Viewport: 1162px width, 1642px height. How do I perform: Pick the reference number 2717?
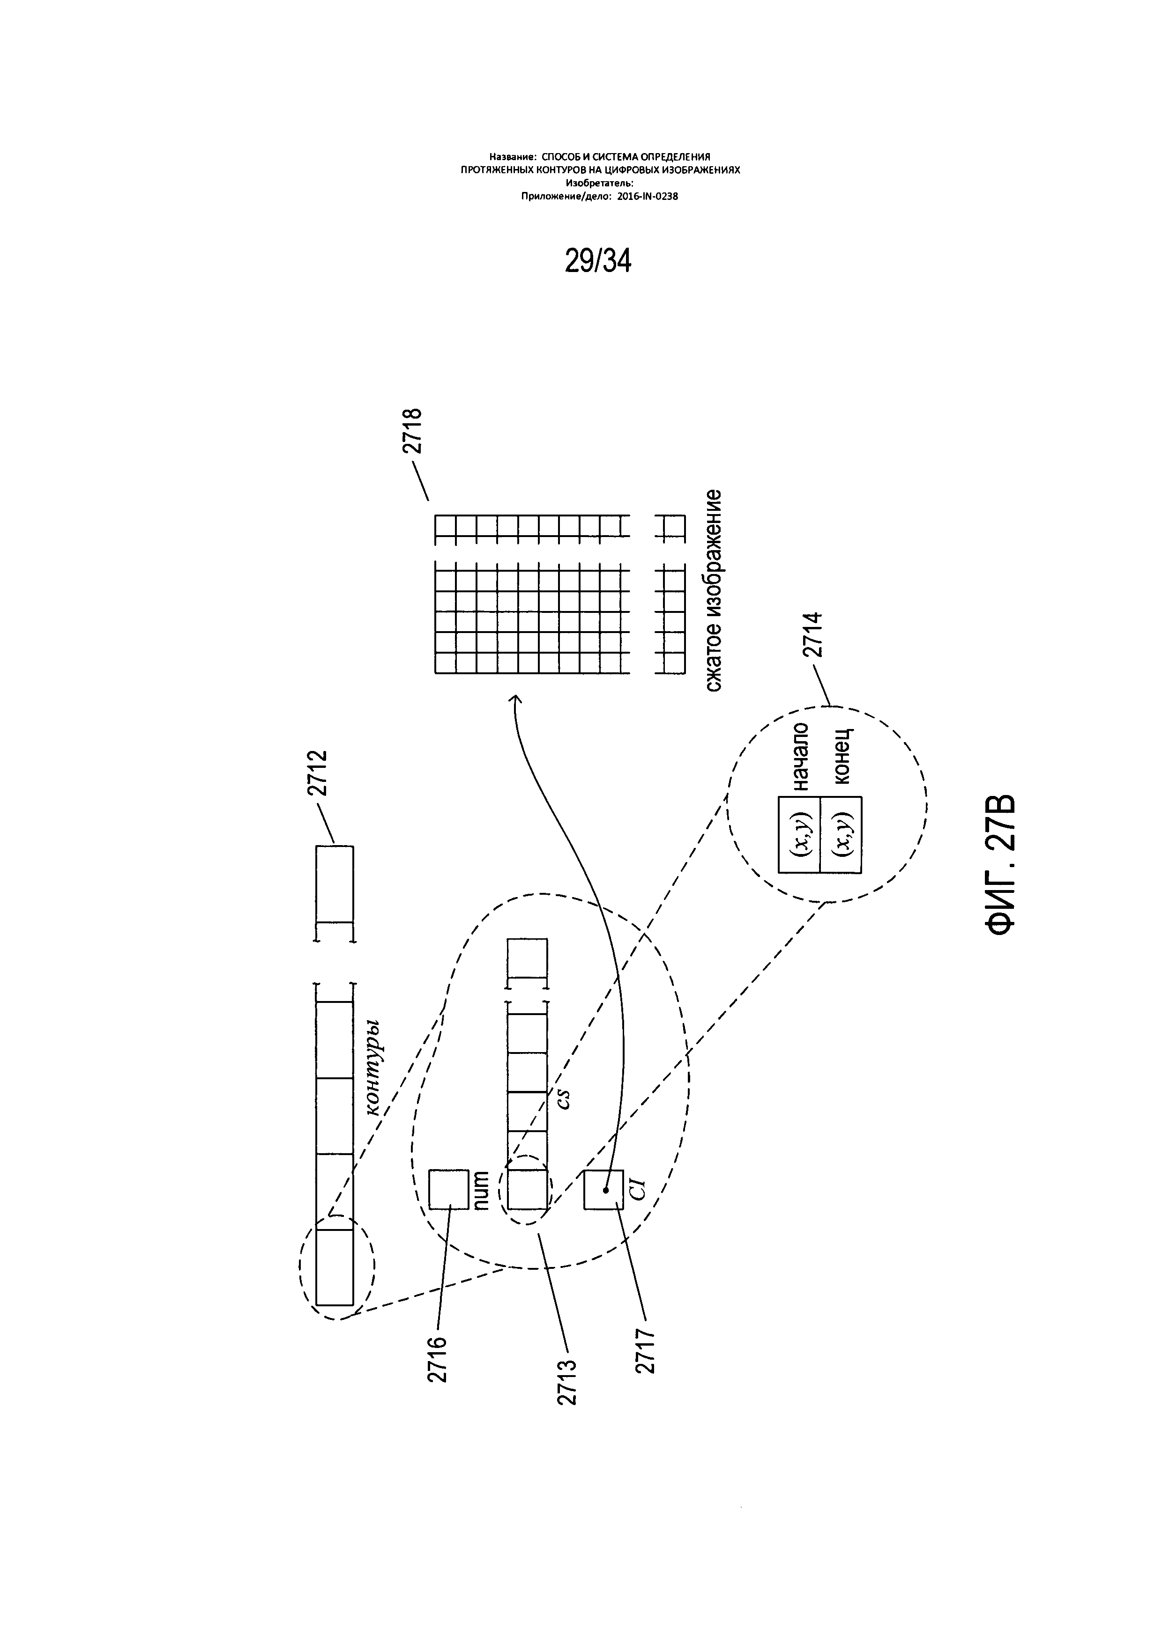click(x=645, y=1351)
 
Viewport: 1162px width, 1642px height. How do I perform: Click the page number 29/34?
click(x=598, y=262)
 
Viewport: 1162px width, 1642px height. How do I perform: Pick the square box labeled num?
click(x=448, y=1189)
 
